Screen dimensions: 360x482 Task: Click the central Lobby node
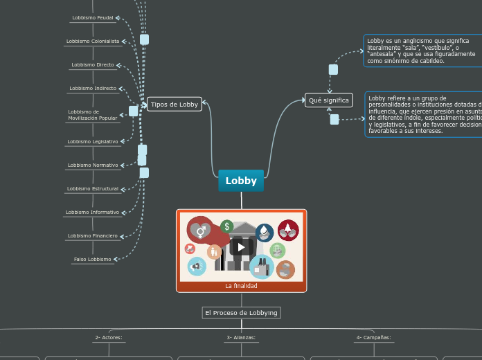tap(241, 181)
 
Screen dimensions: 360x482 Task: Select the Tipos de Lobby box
tap(175, 105)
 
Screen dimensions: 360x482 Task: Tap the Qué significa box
tap(329, 100)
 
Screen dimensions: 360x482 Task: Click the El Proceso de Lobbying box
tap(241, 313)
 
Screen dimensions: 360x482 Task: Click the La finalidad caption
tap(241, 286)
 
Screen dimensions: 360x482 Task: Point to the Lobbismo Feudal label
tap(92, 17)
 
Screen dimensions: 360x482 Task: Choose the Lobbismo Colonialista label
tap(93, 42)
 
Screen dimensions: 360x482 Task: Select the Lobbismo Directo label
tap(93, 65)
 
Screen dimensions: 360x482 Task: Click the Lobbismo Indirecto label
tap(93, 89)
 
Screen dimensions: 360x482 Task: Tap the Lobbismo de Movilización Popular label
tap(93, 115)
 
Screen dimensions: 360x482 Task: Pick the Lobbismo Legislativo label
tap(93, 142)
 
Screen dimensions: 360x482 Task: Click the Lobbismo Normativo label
tap(93, 165)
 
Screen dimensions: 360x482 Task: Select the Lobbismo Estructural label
tap(93, 189)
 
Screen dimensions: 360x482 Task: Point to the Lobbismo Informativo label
tap(93, 213)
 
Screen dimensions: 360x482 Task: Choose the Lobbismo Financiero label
tap(93, 236)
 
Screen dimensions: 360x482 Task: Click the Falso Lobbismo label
tap(92, 260)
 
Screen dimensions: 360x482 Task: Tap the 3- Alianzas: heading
tap(241, 338)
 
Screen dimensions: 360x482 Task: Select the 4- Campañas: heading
tap(373, 338)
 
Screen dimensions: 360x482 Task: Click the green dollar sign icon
tap(226, 226)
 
